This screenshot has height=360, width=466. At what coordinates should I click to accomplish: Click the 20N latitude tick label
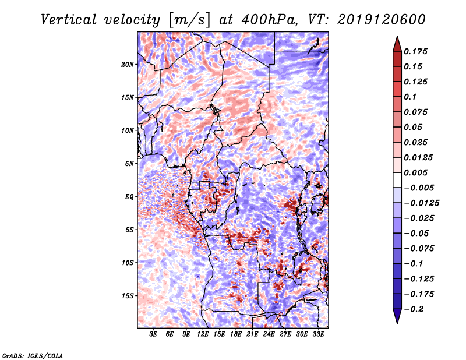click(x=128, y=64)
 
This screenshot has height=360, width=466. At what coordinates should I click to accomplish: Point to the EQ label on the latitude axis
click(x=129, y=197)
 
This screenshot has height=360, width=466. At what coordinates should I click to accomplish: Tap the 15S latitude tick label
click(x=128, y=296)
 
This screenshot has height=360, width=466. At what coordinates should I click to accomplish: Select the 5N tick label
click(x=129, y=164)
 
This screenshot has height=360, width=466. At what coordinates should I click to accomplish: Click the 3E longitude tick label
click(x=154, y=335)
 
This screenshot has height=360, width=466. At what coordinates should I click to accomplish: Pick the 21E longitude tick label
click(x=253, y=335)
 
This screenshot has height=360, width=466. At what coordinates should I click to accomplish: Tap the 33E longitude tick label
click(x=319, y=335)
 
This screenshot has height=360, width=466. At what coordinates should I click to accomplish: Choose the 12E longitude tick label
click(x=203, y=335)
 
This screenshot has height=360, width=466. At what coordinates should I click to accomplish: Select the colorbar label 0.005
click(x=418, y=172)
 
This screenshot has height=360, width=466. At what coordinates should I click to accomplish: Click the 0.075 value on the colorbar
click(x=418, y=112)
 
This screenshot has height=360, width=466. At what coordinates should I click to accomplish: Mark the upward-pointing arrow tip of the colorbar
click(x=397, y=38)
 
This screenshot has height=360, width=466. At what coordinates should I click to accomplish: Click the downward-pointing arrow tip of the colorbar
click(x=397, y=322)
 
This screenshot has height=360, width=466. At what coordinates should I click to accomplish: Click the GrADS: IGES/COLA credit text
click(x=32, y=355)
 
